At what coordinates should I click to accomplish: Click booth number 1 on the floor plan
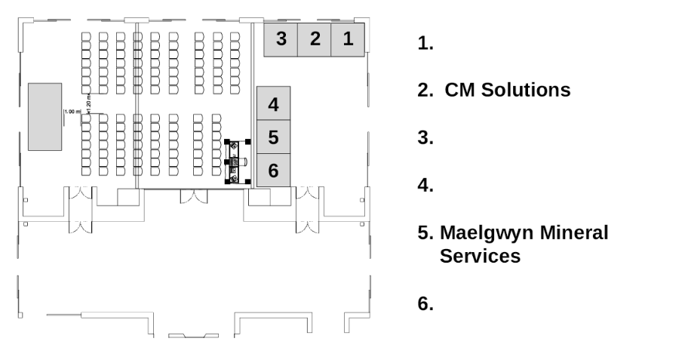click(348, 38)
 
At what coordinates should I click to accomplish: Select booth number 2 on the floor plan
click(315, 38)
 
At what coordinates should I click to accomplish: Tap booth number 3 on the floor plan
click(281, 38)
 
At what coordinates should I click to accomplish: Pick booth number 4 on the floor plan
click(274, 104)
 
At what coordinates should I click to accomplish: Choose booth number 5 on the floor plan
click(274, 137)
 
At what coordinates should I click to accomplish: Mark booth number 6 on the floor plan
click(274, 170)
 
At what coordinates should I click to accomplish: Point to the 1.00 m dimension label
click(72, 112)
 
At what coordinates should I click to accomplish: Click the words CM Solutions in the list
click(505, 91)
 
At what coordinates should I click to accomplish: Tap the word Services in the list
click(480, 256)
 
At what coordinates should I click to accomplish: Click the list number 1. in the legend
click(425, 43)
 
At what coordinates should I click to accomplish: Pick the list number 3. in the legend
click(425, 138)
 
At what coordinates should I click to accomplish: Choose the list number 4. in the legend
click(425, 186)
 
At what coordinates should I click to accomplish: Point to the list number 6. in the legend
click(425, 304)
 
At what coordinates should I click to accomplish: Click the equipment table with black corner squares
click(238, 161)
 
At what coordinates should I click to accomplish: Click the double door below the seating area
click(194, 197)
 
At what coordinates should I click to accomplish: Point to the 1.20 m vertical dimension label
click(89, 105)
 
